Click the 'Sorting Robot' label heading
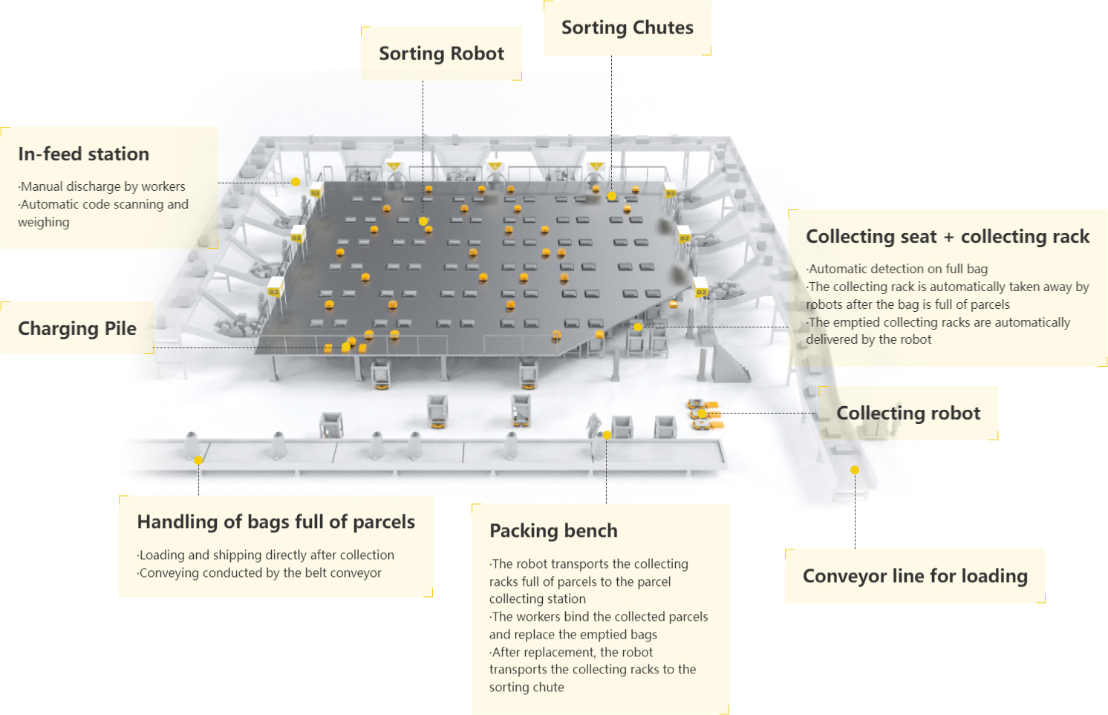pos(441,53)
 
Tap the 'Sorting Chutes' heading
pos(628,27)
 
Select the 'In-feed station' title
pos(84,154)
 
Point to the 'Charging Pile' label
pos(77,328)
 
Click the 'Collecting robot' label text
pos(908,413)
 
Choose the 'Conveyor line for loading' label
pos(915,576)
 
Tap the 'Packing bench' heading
pos(553,531)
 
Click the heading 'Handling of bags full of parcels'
pos(276,522)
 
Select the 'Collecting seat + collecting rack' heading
pos(948,236)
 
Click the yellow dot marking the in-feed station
pos(296,182)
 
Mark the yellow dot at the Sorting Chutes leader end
pos(612,196)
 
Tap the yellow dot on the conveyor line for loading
pos(855,470)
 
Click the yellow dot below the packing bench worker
pos(607,435)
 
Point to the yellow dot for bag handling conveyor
pos(198,460)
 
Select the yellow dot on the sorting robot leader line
pos(423,221)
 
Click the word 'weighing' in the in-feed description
pos(44,222)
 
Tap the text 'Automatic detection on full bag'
pos(897,269)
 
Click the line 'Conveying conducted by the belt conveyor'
pos(259,572)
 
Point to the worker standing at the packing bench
pos(593,425)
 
